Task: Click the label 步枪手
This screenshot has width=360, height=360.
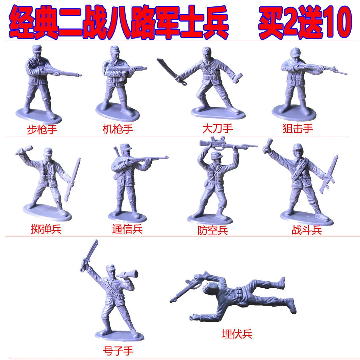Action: [x=42, y=130]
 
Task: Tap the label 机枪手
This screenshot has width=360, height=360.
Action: [x=118, y=129]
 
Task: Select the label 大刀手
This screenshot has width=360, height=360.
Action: [x=217, y=128]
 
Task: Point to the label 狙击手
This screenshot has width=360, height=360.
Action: [x=298, y=128]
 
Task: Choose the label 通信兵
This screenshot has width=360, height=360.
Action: [x=127, y=229]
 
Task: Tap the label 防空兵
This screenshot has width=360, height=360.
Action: [x=213, y=230]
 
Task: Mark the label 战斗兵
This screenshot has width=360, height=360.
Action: [x=307, y=230]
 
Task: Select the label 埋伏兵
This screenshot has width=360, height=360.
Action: [x=237, y=334]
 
